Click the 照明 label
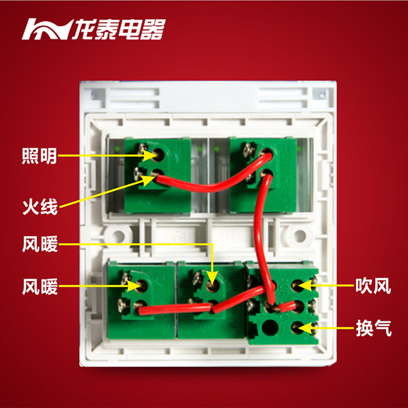pyautogui.click(x=40, y=156)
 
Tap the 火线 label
pyautogui.click(x=40, y=206)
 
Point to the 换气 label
pyautogui.click(x=372, y=328)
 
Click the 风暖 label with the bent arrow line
pyautogui.click(x=40, y=244)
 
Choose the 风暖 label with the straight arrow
pyautogui.click(x=40, y=286)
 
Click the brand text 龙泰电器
pyautogui.click(x=119, y=29)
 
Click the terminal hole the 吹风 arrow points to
pyautogui.click(x=297, y=286)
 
